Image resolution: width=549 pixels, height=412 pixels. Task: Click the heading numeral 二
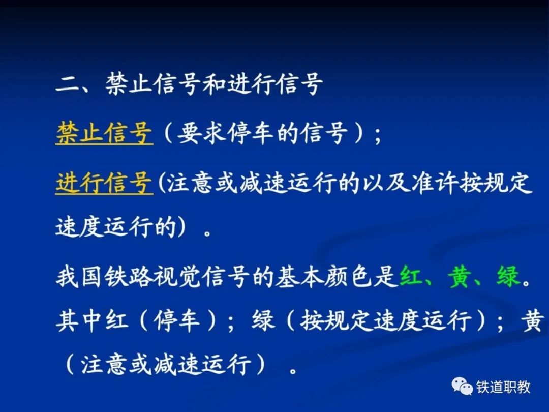(x=68, y=84)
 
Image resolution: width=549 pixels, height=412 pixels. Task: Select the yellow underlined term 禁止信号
(x=104, y=133)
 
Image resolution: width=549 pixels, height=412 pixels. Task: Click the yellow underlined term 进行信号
(x=104, y=183)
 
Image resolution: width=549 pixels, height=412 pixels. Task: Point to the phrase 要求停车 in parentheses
(x=226, y=133)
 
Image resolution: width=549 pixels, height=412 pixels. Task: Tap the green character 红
(x=410, y=276)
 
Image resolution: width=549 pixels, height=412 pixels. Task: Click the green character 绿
(x=508, y=276)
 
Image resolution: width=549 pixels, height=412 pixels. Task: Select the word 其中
(x=79, y=321)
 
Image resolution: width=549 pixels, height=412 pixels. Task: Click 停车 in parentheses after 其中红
(x=177, y=321)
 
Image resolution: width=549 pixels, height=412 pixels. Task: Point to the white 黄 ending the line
(x=533, y=321)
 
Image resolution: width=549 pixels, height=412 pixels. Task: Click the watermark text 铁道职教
(x=503, y=387)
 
